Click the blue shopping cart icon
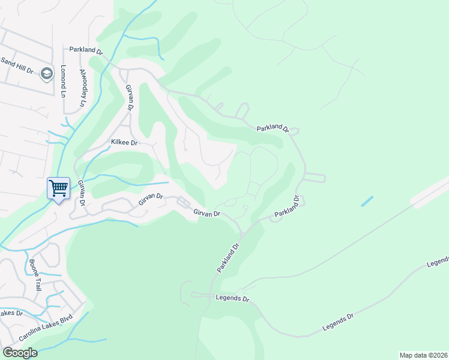pyautogui.click(x=59, y=188)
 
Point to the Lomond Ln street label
pyautogui.click(x=62, y=81)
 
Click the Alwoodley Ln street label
pyautogui.click(x=83, y=88)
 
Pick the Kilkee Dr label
pyautogui.click(x=124, y=143)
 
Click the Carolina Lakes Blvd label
pyautogui.click(x=46, y=328)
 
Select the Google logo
pyautogui.click(x=19, y=352)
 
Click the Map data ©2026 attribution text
pyautogui.click(x=423, y=355)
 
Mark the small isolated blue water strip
pyautogui.click(x=367, y=202)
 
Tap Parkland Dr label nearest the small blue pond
pyautogui.click(x=288, y=206)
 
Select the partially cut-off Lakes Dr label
pyautogui.click(x=11, y=313)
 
